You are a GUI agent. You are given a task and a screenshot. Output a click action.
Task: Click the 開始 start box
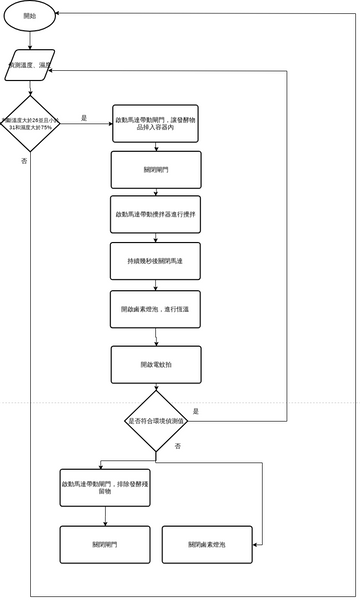31,17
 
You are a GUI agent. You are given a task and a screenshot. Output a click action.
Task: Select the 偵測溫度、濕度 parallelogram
31,65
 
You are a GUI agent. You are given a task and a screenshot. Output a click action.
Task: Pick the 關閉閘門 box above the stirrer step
156,170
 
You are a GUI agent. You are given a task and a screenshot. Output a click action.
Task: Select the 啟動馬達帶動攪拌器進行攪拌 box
156,215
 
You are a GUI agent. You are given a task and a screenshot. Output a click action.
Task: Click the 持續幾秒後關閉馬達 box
156,261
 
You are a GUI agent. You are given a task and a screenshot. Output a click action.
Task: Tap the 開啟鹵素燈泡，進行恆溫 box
156,309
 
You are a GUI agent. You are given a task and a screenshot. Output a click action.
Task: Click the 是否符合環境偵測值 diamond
156,421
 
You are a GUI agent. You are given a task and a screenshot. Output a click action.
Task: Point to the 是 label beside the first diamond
84,118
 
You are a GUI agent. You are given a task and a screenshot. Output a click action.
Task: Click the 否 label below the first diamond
24,161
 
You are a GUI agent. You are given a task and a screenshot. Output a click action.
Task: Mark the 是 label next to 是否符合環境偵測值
196,411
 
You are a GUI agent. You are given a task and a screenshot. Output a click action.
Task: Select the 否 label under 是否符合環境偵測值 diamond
177,444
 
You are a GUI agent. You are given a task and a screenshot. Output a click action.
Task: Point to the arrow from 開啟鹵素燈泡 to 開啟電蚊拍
156,337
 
